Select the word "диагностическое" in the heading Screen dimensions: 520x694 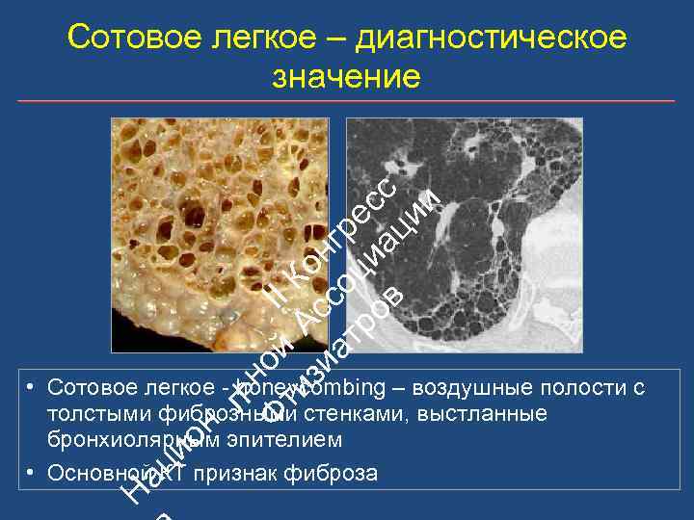point(492,39)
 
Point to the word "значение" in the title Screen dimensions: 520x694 point(347,77)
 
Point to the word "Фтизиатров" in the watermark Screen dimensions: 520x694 point(328,356)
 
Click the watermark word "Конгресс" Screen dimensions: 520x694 point(333,241)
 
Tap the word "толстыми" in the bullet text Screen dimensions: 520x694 point(90,414)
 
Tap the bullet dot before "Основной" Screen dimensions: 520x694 point(32,472)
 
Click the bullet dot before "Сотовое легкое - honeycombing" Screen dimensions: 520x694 point(32,387)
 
